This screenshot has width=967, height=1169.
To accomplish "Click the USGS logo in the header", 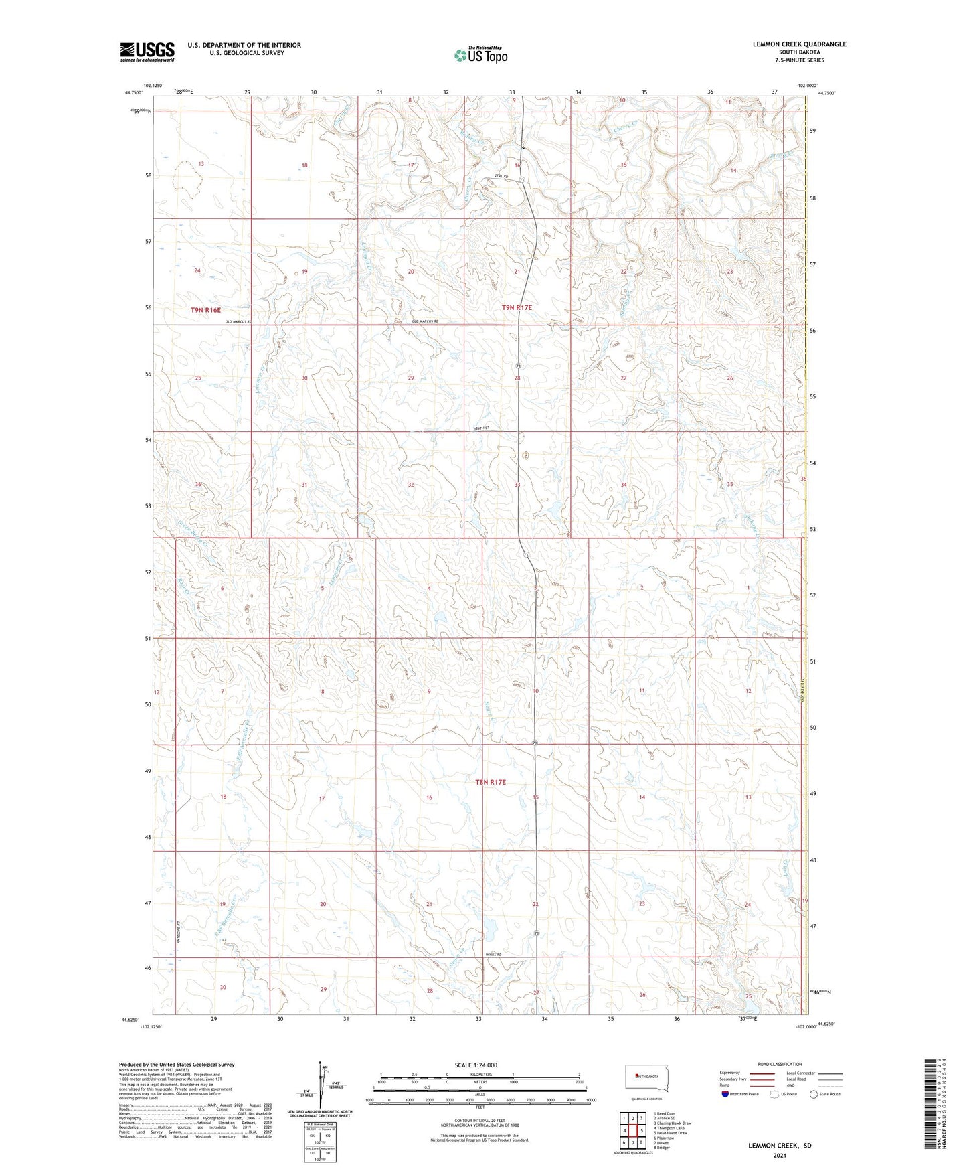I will coord(147,52).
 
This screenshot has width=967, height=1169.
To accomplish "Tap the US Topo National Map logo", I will coord(480,54).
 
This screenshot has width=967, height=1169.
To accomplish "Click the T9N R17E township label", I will coord(517,307).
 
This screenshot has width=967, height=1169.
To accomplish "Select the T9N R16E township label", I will coord(205,310).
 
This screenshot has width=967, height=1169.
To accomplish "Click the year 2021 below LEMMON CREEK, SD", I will coord(780,1156).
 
